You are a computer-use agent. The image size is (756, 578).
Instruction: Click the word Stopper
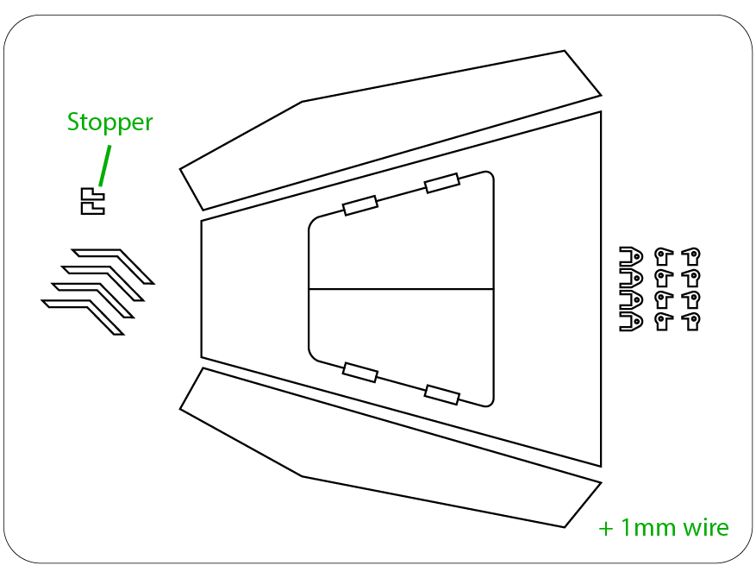(x=110, y=123)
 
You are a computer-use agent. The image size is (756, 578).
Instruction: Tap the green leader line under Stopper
(x=104, y=166)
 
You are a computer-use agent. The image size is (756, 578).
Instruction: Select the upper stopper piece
(x=92, y=194)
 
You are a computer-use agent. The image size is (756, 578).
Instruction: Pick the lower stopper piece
(x=92, y=208)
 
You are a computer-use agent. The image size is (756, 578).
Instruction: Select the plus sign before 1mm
(x=605, y=530)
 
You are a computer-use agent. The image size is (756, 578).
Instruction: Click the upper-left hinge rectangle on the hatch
(x=360, y=205)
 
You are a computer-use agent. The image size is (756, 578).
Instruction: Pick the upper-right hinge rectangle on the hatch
(x=441, y=184)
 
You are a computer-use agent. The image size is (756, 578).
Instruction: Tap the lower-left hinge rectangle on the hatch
(x=360, y=373)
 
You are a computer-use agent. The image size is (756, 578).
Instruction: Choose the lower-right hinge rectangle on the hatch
(x=441, y=394)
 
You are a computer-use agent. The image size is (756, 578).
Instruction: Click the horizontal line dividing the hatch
(x=401, y=289)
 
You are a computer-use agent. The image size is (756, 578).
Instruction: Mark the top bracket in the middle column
(x=664, y=256)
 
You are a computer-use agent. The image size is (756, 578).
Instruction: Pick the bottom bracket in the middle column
(x=664, y=322)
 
